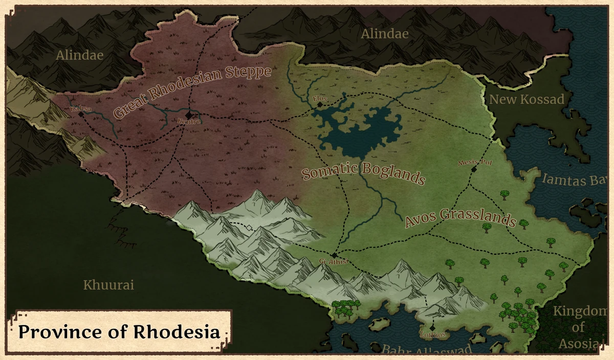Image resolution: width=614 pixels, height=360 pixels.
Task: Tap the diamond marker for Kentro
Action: tap(189, 115)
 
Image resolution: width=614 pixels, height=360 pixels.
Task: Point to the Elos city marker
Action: tap(320, 104)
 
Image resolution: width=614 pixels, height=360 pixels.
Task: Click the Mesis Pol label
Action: tap(471, 163)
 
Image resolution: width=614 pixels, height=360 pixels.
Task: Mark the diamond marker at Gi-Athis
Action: tap(334, 255)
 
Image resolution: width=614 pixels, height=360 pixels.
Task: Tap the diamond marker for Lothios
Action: tap(432, 327)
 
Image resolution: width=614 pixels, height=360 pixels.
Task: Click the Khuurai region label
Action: tap(108, 285)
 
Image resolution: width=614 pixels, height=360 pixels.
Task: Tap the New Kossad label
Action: tap(527, 99)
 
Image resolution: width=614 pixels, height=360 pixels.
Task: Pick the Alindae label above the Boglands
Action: tap(385, 34)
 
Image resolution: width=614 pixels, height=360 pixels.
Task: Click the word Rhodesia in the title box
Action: tap(177, 331)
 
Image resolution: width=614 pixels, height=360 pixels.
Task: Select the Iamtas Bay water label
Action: tap(575, 179)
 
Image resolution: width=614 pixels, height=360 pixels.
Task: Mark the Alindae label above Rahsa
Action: tap(80, 55)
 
